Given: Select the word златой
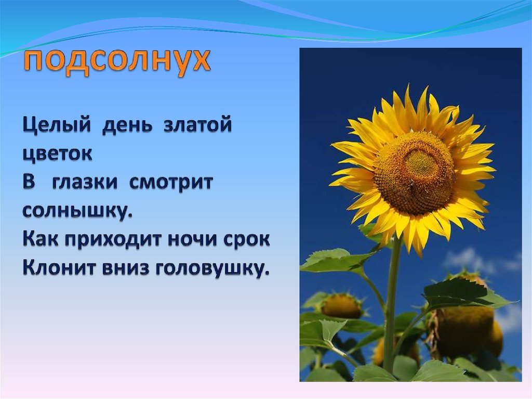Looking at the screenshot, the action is point(197,125).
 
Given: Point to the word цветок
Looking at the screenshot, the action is point(57,154).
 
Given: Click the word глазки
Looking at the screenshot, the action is point(85,183).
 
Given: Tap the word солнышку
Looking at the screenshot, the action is point(77,211).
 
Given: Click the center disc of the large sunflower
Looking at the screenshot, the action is point(414,173).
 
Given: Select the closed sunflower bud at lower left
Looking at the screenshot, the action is point(341,305).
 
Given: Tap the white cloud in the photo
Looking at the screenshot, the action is point(465,260).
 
